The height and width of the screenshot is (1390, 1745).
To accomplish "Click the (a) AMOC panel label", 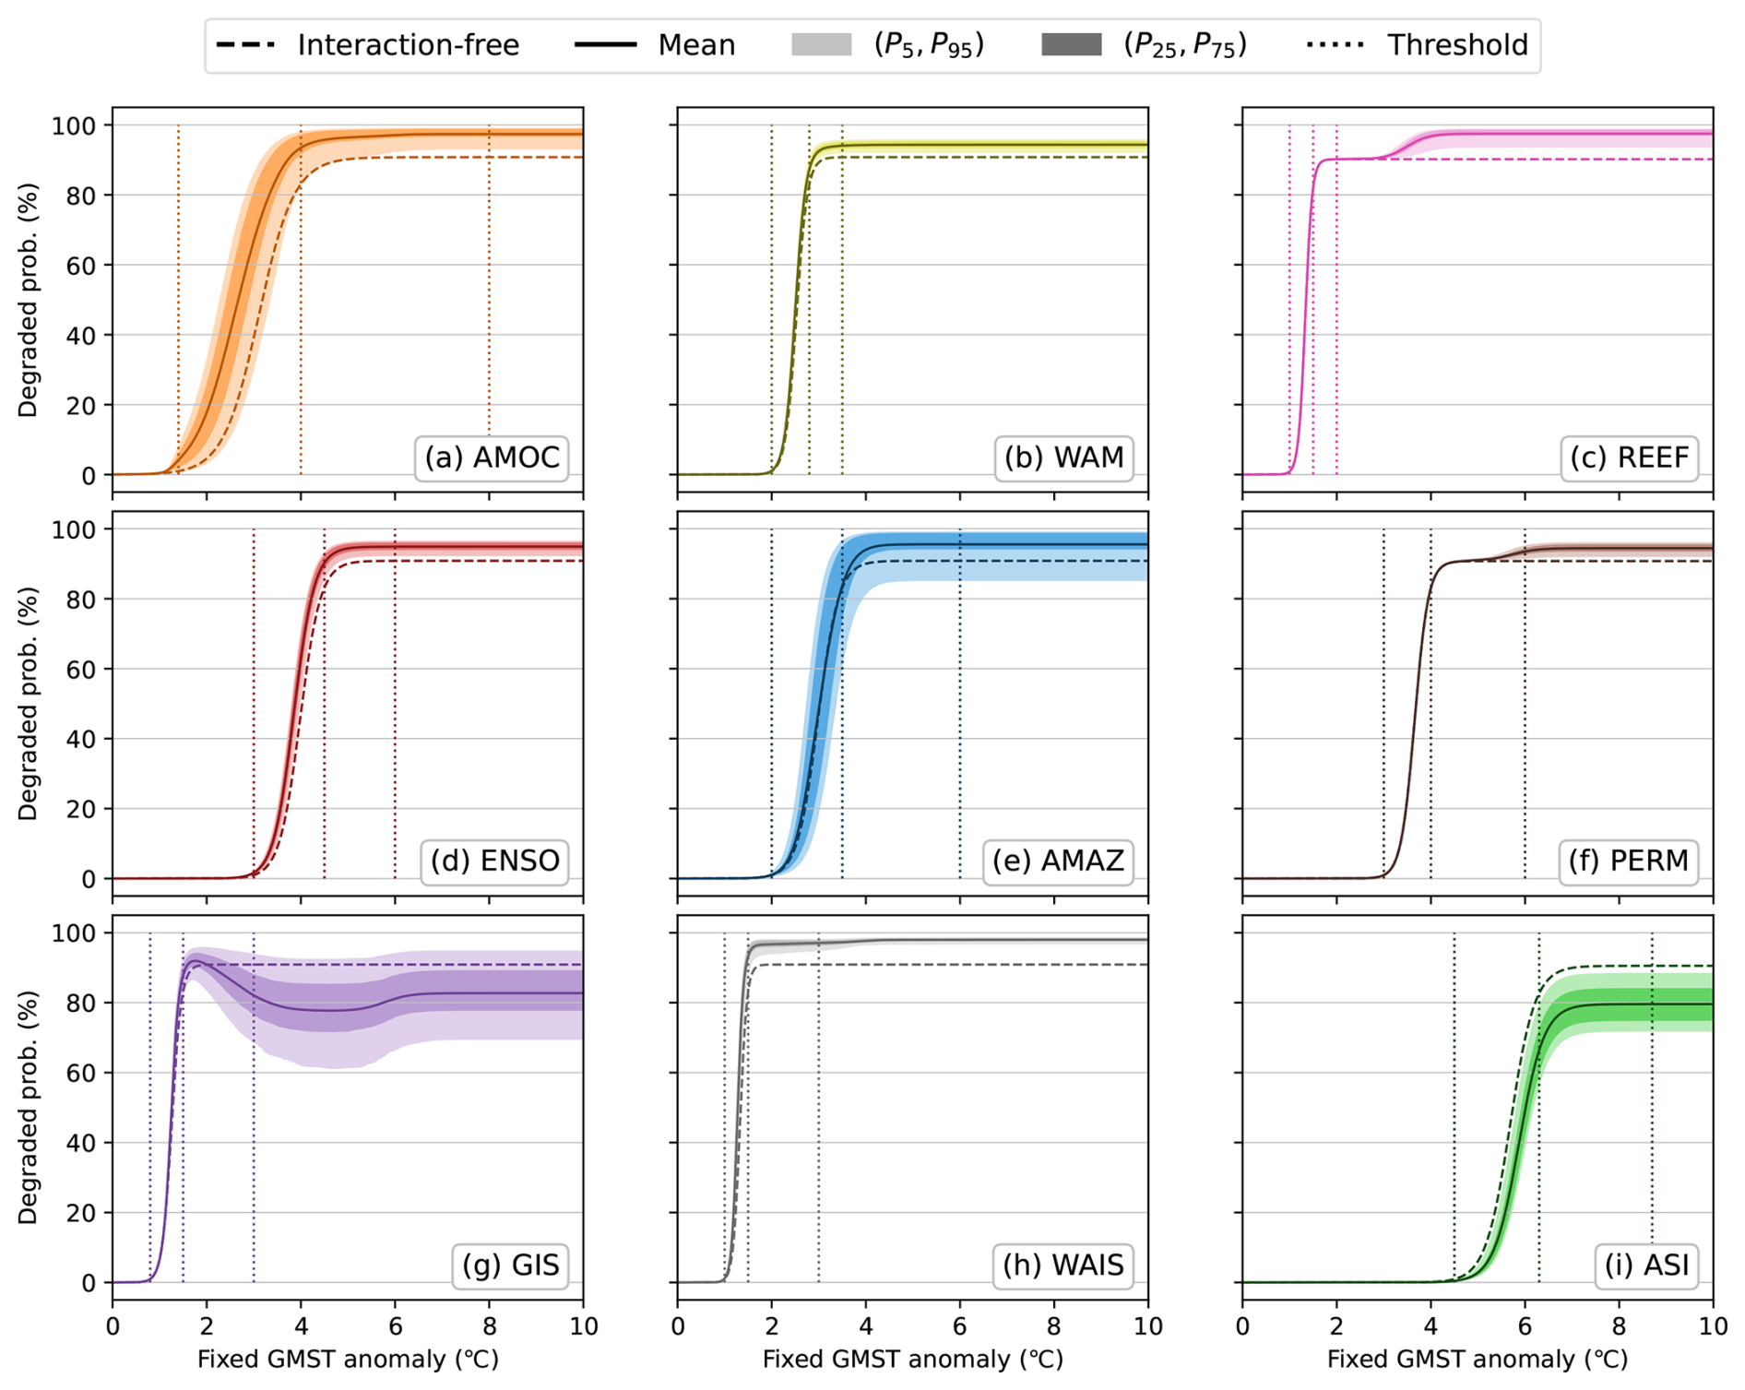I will click(492, 457).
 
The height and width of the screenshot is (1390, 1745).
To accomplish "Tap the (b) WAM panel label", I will click(1063, 457).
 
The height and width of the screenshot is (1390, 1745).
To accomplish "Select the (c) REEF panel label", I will click(1629, 457).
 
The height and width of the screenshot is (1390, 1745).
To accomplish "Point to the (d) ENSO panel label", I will click(494, 861).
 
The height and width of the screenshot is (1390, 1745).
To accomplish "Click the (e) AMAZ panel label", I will click(1058, 861).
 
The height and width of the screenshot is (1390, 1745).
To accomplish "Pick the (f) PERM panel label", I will click(1628, 861).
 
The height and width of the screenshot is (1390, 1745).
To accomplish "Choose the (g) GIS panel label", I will click(510, 1265).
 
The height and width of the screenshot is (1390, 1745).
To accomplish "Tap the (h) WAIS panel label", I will click(1063, 1265).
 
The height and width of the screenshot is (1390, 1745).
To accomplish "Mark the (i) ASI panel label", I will click(1646, 1265).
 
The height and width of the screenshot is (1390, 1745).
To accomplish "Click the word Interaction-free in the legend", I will click(408, 45).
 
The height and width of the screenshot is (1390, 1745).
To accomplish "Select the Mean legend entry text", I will click(696, 45).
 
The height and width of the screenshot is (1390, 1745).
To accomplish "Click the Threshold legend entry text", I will click(1457, 45).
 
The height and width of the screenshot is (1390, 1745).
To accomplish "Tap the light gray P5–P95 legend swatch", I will click(821, 44).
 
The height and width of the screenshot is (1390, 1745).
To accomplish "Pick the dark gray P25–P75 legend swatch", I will click(1071, 44).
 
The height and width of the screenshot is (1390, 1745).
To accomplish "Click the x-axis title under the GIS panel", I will click(348, 1360).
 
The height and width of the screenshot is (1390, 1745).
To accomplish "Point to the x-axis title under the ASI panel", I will click(1478, 1360).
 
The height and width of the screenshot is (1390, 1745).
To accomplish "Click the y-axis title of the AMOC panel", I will click(29, 300).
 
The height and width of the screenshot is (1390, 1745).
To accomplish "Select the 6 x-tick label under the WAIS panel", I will click(960, 1326).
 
